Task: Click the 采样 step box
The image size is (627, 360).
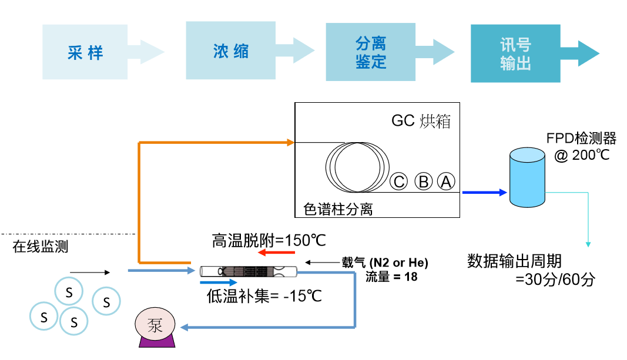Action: [85, 52]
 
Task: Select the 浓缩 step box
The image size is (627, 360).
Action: [231, 51]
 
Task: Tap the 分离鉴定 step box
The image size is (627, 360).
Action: [371, 52]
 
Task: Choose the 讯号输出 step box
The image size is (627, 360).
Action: [515, 53]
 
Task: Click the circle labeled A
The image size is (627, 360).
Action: [446, 182]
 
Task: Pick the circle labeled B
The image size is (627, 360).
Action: [423, 182]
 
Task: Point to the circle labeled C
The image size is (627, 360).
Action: [399, 182]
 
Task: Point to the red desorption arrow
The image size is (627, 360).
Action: [276, 253]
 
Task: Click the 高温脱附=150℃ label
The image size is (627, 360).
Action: [269, 240]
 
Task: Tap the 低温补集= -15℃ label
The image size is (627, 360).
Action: [264, 295]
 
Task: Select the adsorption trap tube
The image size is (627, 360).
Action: [249, 271]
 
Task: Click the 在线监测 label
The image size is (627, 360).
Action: [41, 246]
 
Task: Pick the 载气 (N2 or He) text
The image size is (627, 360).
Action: [385, 262]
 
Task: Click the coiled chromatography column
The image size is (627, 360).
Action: [356, 166]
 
